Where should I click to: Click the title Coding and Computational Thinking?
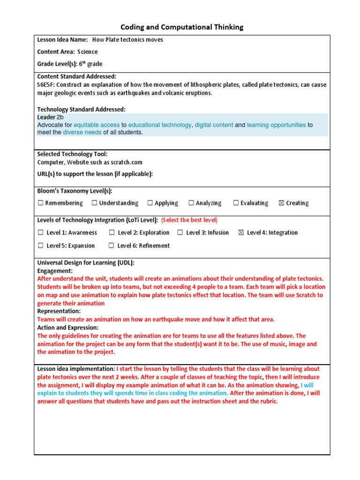[182, 27]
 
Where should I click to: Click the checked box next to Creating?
[281, 203]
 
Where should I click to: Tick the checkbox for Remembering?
[41, 203]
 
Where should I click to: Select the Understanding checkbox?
[94, 203]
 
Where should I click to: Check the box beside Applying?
[150, 203]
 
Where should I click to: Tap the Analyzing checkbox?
[191, 203]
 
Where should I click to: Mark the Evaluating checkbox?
[236, 203]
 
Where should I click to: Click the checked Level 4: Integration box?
[241, 232]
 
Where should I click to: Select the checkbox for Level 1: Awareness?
[41, 232]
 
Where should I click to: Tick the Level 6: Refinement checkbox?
[111, 246]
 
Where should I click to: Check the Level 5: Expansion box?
[41, 246]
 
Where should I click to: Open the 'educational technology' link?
[159, 125]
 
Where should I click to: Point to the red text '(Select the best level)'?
[189, 220]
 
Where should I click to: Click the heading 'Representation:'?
[59, 311]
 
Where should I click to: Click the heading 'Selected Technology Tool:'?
[72, 154]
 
